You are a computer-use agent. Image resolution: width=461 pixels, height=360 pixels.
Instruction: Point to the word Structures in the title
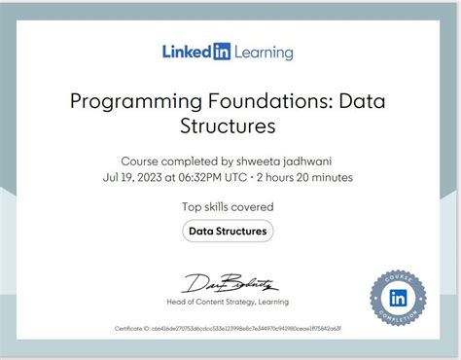230,126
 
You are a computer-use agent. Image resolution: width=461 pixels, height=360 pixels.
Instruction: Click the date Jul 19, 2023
134,177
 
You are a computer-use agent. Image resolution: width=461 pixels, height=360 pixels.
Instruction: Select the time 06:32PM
209,177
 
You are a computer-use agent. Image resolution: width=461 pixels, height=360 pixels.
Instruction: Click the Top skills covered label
228,206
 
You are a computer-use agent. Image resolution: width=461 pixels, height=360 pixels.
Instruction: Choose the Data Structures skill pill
229,231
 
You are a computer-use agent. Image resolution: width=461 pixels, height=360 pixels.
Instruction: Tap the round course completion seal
398,298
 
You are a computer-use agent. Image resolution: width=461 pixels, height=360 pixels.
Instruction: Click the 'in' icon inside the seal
398,298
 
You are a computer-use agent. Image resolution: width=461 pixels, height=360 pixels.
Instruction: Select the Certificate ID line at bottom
229,329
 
